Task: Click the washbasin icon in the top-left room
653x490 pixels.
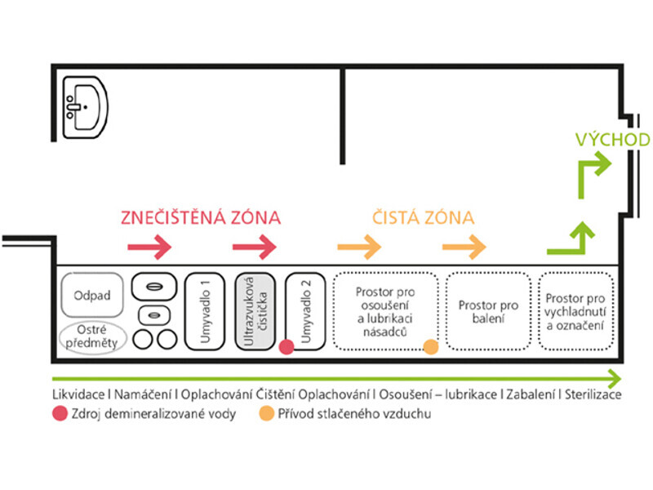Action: [x=85, y=105]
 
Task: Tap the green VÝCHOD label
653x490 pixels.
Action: [x=611, y=140]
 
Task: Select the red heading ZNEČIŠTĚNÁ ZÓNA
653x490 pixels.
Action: [x=200, y=218]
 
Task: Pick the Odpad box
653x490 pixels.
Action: [x=92, y=294]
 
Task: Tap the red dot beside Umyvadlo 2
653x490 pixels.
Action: [x=287, y=347]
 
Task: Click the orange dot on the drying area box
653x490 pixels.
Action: [x=431, y=347]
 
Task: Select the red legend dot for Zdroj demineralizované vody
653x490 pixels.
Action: [x=59, y=414]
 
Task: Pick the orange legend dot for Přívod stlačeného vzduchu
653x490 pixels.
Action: [x=266, y=414]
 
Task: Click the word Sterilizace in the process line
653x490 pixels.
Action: [x=593, y=394]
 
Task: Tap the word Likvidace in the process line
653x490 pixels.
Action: [x=78, y=394]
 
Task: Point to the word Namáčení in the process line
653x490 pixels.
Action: [x=143, y=394]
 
